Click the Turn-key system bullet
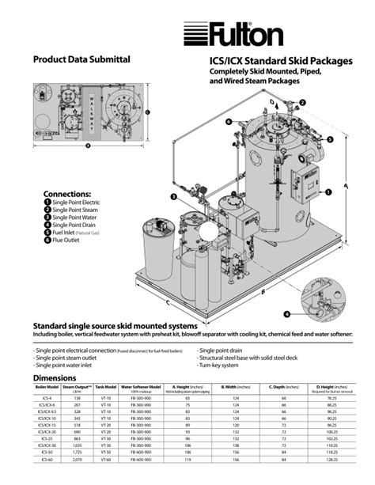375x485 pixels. point(226,364)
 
